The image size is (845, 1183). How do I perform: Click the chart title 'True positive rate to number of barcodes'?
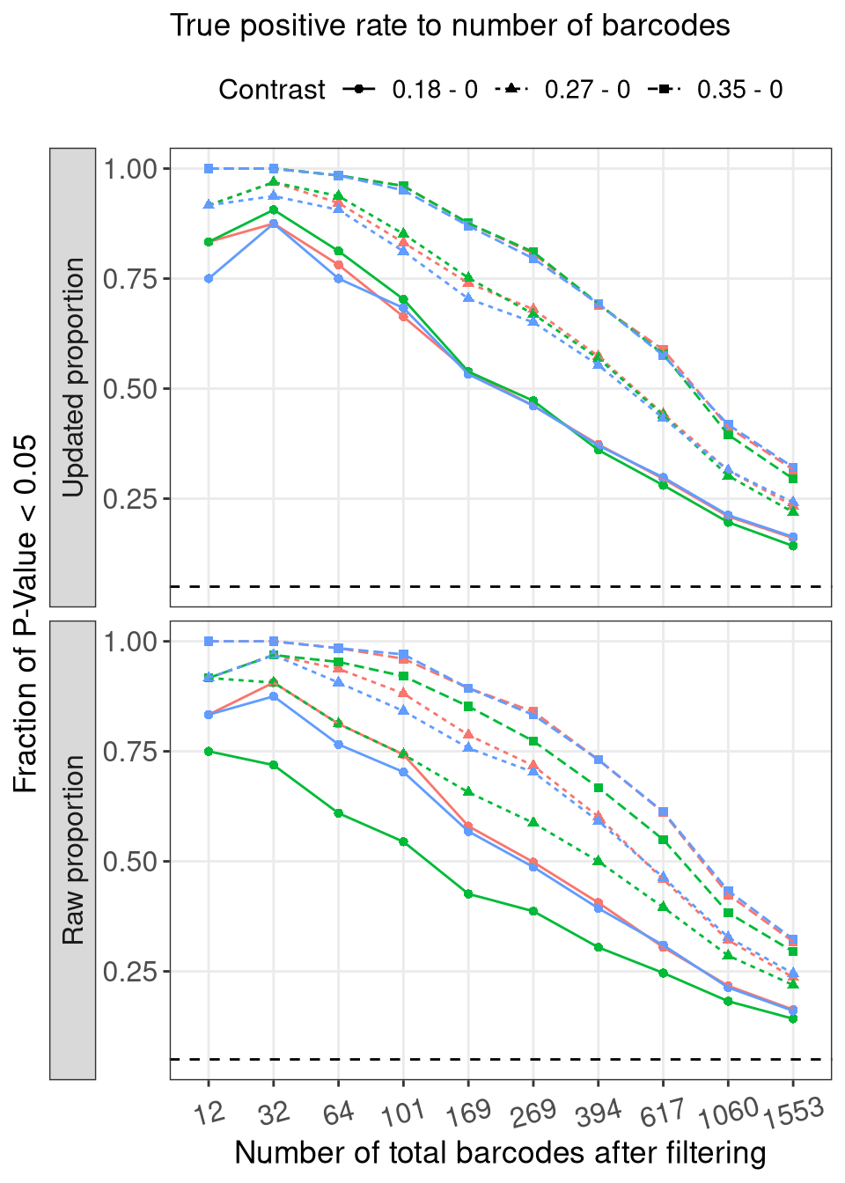click(x=450, y=26)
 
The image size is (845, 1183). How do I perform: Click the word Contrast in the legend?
click(x=271, y=90)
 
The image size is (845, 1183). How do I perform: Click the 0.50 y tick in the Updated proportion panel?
click(x=130, y=389)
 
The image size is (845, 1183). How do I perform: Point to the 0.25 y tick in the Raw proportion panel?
click(x=130, y=972)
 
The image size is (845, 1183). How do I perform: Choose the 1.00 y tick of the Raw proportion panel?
click(x=130, y=642)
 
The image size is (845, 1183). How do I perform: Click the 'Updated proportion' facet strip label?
click(x=73, y=377)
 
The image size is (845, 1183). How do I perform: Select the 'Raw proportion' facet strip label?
click(x=73, y=849)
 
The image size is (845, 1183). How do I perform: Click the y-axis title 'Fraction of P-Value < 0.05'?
click(x=26, y=614)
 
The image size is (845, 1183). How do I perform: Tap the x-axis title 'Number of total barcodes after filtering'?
click(x=500, y=1153)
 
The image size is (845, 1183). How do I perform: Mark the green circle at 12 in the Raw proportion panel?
click(x=209, y=752)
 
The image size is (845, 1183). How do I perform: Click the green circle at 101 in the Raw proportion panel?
click(x=403, y=841)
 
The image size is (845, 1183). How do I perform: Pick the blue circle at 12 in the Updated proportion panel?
click(x=209, y=278)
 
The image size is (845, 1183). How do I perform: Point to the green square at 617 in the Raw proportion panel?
click(x=664, y=840)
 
